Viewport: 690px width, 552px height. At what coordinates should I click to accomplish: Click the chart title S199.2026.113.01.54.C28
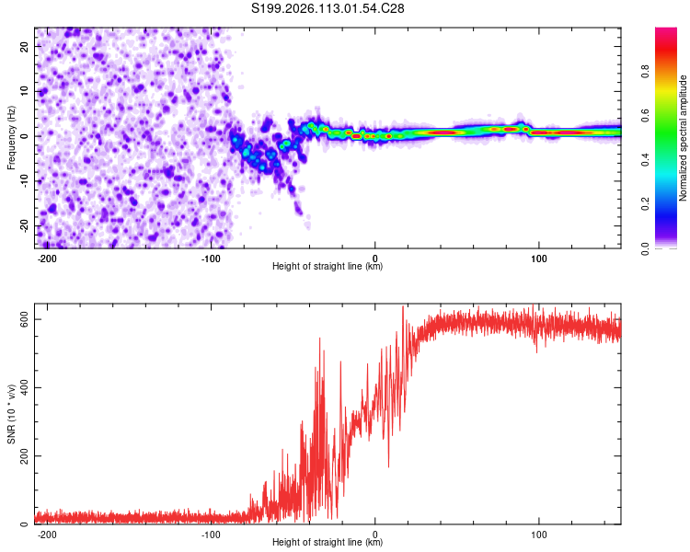[x=328, y=8]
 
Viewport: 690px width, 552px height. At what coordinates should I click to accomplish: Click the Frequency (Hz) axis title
[x=11, y=137]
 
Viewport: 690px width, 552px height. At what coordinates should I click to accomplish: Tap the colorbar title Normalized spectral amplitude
[x=684, y=138]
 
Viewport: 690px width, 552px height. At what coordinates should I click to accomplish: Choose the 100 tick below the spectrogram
[x=538, y=259]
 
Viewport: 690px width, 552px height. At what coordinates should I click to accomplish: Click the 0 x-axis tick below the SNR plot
[x=375, y=534]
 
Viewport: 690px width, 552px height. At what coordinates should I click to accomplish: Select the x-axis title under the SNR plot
[x=328, y=543]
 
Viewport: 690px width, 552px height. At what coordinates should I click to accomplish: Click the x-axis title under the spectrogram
[x=328, y=267]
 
